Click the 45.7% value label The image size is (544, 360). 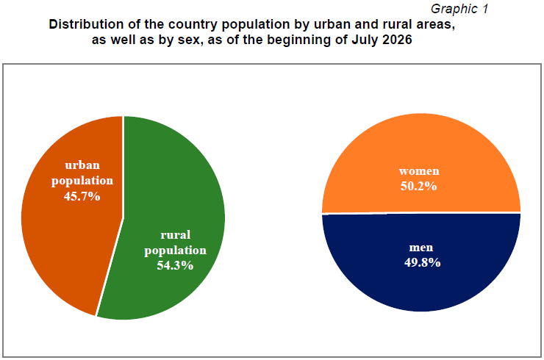[x=82, y=196]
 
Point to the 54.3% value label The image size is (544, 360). [x=175, y=265]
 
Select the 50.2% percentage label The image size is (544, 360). [x=418, y=186]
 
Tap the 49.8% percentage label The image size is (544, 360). [x=422, y=262]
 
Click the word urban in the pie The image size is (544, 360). [x=82, y=165]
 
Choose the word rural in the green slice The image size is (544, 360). [x=175, y=235]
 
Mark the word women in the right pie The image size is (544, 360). [x=419, y=171]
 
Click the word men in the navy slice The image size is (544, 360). [x=421, y=248]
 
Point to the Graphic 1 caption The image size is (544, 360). [x=459, y=9]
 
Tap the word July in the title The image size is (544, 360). [x=365, y=40]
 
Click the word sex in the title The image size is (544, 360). [x=191, y=40]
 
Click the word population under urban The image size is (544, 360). [x=82, y=181]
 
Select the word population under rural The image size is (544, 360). [x=175, y=251]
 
